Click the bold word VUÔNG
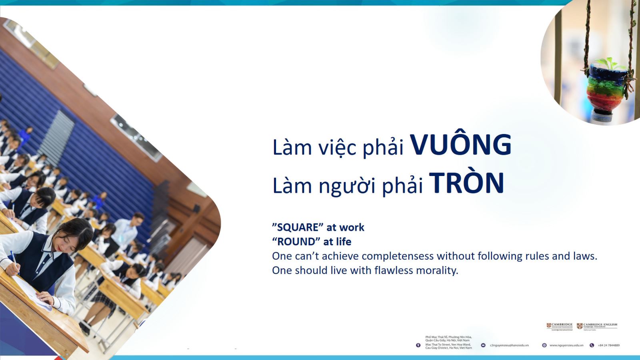click(461, 145)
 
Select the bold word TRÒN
click(466, 184)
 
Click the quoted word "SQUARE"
click(298, 227)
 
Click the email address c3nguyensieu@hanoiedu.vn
click(509, 345)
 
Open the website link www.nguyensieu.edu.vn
click(566, 345)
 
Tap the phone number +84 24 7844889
click(608, 345)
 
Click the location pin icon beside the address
click(418, 345)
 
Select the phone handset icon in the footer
click(592, 345)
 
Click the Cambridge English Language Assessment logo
click(597, 326)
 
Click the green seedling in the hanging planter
click(607, 63)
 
